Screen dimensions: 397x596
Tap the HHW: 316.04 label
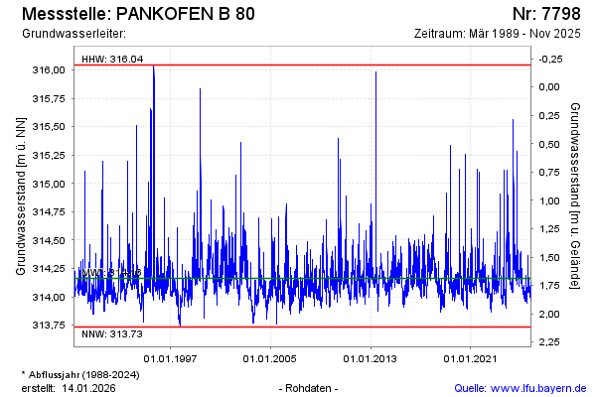pos(112,59)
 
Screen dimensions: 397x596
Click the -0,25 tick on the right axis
pos(548,59)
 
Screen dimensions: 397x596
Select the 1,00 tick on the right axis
pos(550,200)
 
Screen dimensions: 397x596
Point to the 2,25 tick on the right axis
pos(550,342)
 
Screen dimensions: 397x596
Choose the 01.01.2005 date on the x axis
pos(271,358)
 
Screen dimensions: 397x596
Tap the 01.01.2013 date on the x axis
pos(371,358)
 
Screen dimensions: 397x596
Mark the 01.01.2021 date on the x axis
pos(470,358)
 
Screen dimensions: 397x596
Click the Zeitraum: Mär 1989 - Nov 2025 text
pos(500,34)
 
